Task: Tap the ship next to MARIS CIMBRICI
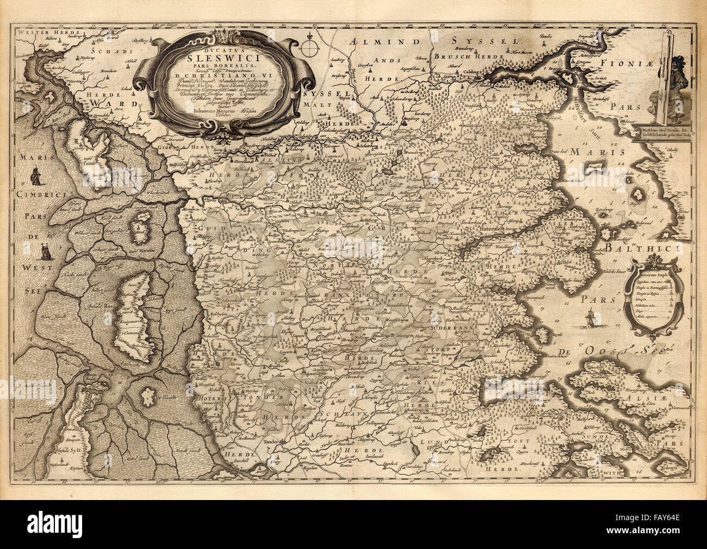click(x=36, y=176)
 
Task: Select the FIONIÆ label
click(x=664, y=63)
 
